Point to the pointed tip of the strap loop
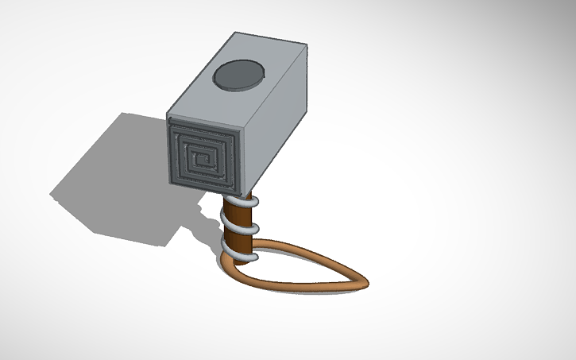[x=368, y=281]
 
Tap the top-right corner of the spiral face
[x=239, y=128]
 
